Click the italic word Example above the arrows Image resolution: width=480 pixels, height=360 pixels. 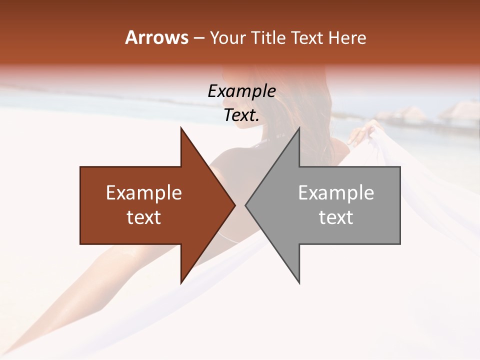241,91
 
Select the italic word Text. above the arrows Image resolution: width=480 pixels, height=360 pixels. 241,115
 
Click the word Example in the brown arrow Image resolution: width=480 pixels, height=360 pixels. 144,193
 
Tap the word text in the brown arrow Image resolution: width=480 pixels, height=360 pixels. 144,217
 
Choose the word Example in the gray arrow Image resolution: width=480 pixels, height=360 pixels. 336,193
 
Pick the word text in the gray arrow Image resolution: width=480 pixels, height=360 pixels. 336,217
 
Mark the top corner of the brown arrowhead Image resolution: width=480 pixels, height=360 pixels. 181,128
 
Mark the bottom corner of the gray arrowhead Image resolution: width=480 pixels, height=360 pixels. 299,283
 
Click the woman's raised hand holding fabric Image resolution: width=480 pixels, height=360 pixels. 361,133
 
